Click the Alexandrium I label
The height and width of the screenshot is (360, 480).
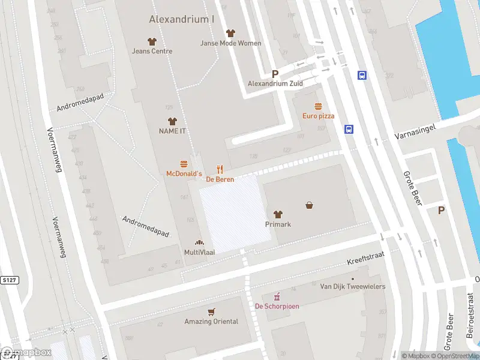[x=182, y=19]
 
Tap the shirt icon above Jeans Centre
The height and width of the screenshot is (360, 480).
[x=152, y=41]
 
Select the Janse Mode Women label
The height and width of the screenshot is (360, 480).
[x=230, y=43]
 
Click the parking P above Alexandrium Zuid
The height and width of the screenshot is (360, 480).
[x=275, y=74]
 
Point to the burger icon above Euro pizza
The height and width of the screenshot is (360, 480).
[x=318, y=106]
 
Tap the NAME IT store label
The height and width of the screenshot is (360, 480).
[x=172, y=131]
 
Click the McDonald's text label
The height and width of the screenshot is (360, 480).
[x=184, y=173]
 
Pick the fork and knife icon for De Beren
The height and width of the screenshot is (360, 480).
[x=220, y=170]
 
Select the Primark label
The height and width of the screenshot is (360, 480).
[x=278, y=224]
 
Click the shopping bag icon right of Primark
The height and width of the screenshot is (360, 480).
[x=310, y=205]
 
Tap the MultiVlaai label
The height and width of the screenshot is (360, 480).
[x=199, y=253]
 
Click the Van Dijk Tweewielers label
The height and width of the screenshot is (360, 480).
[x=353, y=287]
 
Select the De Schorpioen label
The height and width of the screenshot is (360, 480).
[x=277, y=306]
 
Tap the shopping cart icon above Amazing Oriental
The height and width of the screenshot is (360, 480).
[x=211, y=312]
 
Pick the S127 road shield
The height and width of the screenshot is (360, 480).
[x=9, y=280]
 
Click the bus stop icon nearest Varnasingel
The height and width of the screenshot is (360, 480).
[x=349, y=129]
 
